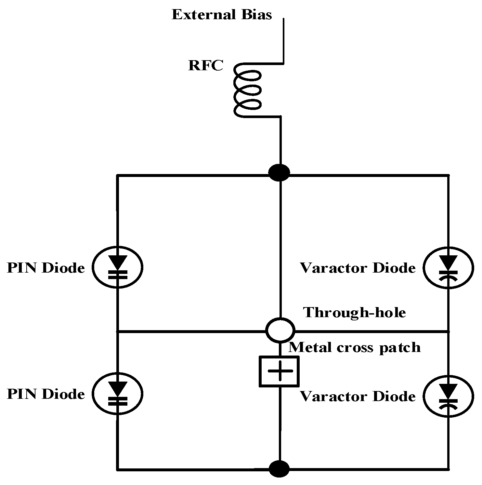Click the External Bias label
pyautogui.click(x=222, y=15)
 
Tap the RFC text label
pyautogui.click(x=206, y=66)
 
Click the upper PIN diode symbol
pyautogui.click(x=118, y=267)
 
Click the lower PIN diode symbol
pyautogui.click(x=118, y=394)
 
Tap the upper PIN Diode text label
pyautogui.click(x=46, y=268)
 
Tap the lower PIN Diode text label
pyautogui.click(x=46, y=394)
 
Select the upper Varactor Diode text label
pyautogui.click(x=358, y=268)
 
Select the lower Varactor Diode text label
pyautogui.click(x=358, y=397)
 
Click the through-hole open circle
pyautogui.click(x=280, y=330)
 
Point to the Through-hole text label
pyautogui.click(x=355, y=313)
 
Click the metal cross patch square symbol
pyautogui.click(x=279, y=371)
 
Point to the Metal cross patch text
pyautogui.click(x=355, y=347)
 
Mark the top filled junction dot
pyautogui.click(x=279, y=172)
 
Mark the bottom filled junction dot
pyautogui.click(x=279, y=469)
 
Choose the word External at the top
pyautogui.click(x=203, y=15)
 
